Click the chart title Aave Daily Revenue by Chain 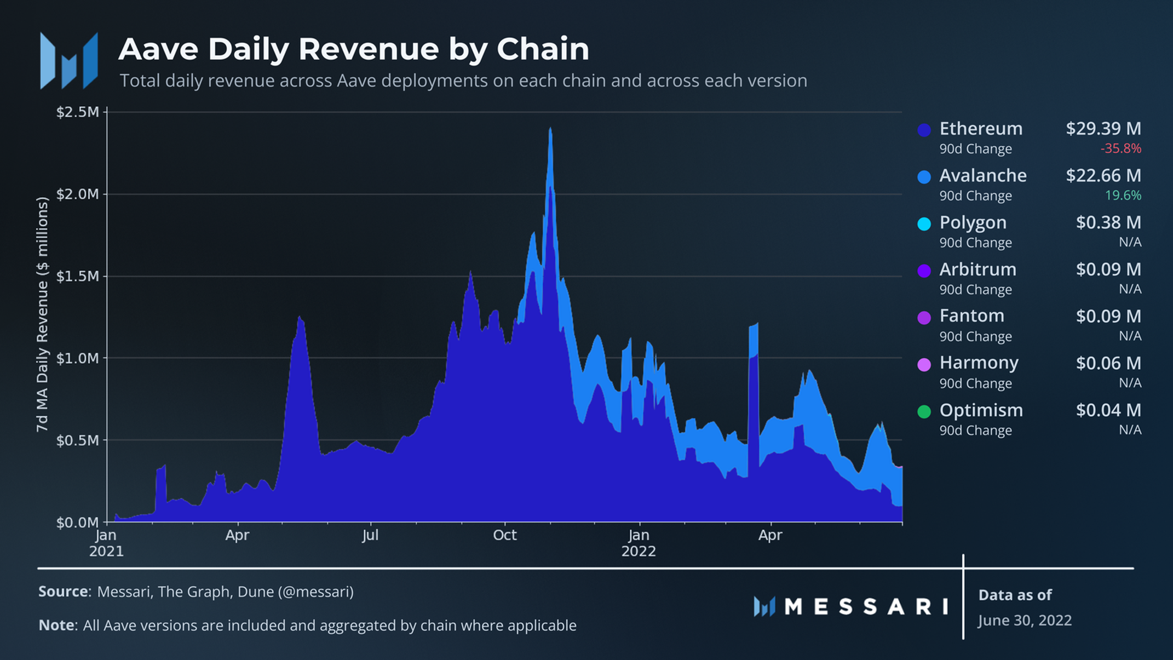353,49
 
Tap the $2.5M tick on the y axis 78,112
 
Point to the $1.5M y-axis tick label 78,276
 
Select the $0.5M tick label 78,440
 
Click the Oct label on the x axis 504,535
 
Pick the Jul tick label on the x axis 370,535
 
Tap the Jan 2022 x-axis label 639,543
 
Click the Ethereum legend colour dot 924,130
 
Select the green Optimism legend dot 924,412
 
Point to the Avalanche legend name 983,176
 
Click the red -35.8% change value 1120,148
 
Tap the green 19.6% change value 1123,196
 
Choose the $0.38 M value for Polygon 1108,222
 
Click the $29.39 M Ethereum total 1103,129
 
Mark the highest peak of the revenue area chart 550,130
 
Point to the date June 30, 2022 1025,621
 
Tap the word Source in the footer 63,592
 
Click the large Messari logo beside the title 69,60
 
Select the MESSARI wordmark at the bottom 866,606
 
